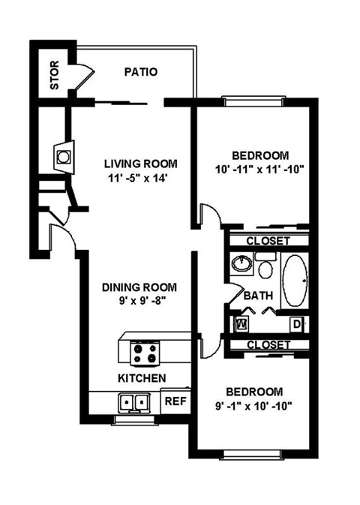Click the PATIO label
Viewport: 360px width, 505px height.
point(140,73)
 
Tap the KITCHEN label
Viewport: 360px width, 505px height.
point(141,377)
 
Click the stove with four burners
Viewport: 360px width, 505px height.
point(144,351)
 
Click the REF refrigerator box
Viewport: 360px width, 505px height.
point(175,401)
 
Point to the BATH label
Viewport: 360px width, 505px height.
point(257,296)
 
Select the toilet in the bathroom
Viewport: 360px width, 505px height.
point(265,266)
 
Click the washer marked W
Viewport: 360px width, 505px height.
point(242,324)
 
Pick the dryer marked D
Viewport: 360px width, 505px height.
point(296,324)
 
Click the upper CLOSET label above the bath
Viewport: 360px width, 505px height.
point(268,241)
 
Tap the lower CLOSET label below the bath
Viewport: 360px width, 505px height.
point(268,344)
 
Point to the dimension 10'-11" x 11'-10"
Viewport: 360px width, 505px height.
point(257,169)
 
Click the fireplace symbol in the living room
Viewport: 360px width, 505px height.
point(64,156)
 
